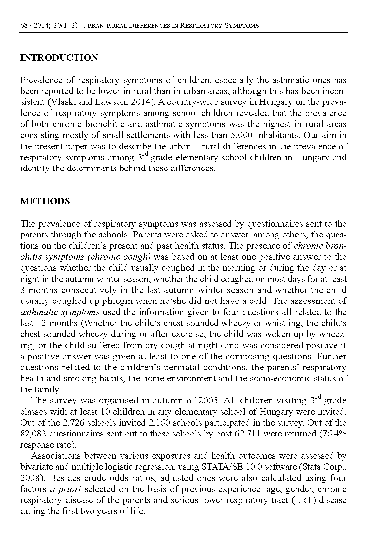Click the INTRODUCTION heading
pos(59,58)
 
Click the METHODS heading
pos(45,202)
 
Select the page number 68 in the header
pos(24,25)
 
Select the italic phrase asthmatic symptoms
pos(60,312)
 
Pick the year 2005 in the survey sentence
pos(209,401)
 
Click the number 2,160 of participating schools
pos(158,423)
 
